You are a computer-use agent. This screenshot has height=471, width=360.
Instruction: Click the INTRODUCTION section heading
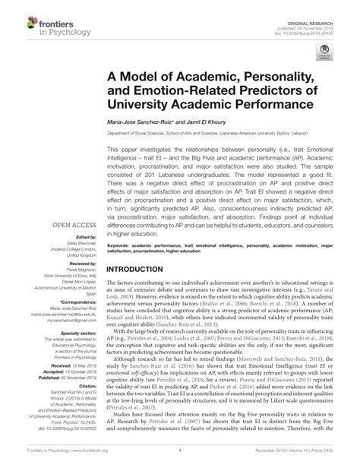[144, 248]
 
